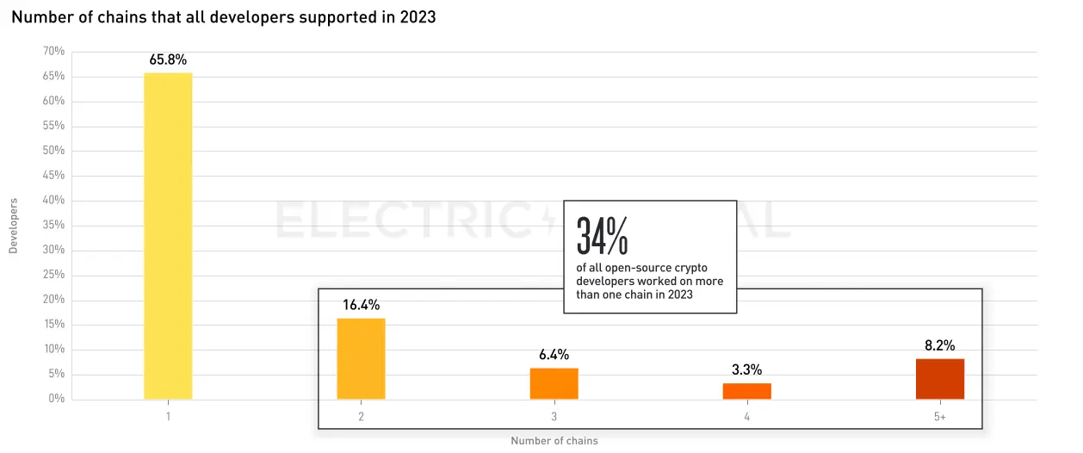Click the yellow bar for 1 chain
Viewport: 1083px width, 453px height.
click(x=168, y=236)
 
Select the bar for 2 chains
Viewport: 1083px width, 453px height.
click(x=361, y=358)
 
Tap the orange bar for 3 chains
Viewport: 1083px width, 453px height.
click(x=554, y=383)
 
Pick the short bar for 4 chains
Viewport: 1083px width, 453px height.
click(x=746, y=391)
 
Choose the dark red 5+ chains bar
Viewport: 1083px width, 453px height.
click(x=939, y=379)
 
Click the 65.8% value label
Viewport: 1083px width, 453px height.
click(x=168, y=60)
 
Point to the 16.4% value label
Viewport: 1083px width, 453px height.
click(x=361, y=305)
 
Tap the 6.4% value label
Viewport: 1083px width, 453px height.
click(x=554, y=355)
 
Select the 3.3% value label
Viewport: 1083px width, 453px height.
click(x=746, y=370)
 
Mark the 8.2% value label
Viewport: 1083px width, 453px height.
click(x=939, y=345)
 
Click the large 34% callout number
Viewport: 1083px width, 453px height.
click(x=603, y=235)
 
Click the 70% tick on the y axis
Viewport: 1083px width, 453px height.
click(x=53, y=52)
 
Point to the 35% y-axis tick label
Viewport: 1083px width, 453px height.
click(x=53, y=226)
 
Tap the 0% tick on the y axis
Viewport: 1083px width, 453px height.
click(x=57, y=399)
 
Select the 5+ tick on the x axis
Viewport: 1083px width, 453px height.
click(x=939, y=417)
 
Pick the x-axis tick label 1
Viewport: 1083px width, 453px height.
click(x=168, y=417)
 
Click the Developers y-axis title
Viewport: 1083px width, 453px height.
click(x=13, y=226)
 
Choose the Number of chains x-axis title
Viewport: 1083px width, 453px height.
click(x=554, y=441)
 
